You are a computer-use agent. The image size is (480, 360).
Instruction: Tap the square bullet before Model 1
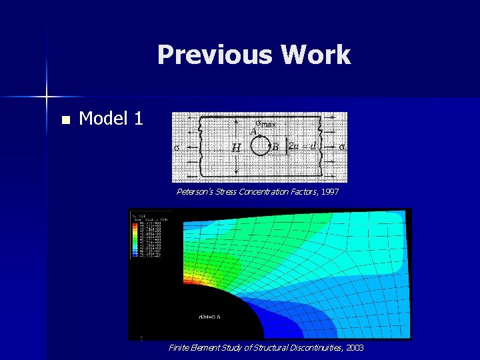point(65,121)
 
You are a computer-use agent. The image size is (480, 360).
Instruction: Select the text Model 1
point(111,119)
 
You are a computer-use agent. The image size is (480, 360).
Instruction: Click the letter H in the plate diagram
point(236,147)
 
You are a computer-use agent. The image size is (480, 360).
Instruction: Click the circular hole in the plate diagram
point(260,146)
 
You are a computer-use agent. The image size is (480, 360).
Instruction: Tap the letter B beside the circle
point(275,147)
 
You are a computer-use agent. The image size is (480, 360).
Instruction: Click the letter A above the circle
point(253,132)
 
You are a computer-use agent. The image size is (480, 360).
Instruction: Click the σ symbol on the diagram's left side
point(177,147)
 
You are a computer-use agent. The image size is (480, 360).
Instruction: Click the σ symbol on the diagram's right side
point(341,147)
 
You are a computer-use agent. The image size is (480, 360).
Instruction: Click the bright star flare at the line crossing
point(47,97)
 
